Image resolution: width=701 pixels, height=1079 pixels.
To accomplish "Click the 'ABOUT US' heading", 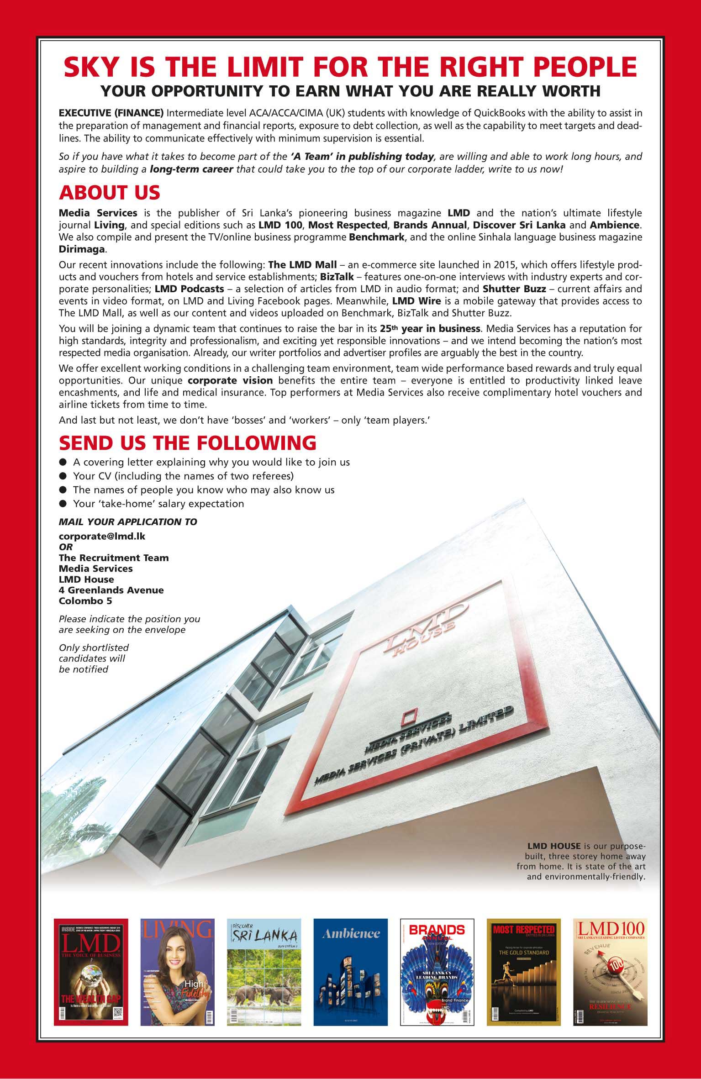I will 110,193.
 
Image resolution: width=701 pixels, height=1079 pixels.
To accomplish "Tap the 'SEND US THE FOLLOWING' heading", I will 187,442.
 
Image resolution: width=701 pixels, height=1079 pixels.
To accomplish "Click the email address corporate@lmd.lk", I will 102,536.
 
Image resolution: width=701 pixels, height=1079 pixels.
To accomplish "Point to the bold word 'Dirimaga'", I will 82,249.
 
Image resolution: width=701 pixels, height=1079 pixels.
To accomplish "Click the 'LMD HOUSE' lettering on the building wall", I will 422,623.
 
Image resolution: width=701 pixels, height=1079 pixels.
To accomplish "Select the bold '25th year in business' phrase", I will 430,328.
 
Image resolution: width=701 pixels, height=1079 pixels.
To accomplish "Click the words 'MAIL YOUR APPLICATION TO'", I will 128,521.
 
